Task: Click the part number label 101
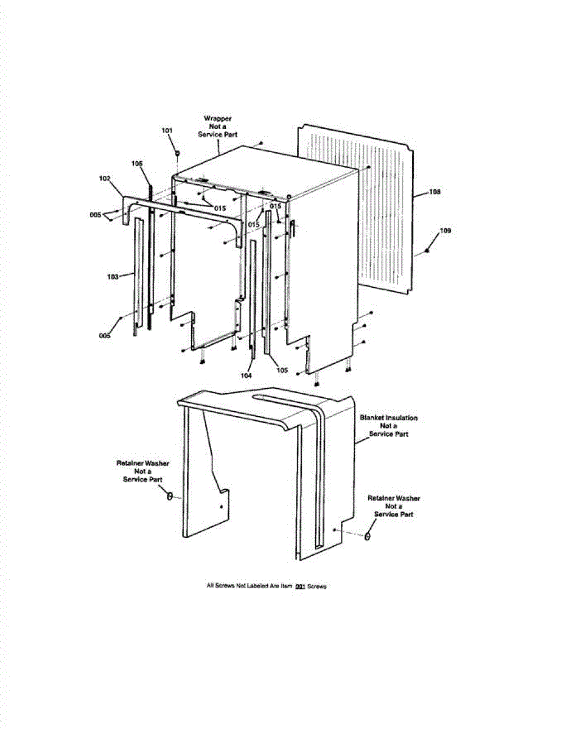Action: coord(167,131)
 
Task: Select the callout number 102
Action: coord(105,178)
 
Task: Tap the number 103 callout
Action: coord(113,277)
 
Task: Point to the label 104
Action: coord(246,376)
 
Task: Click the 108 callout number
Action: coord(435,192)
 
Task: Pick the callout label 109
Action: coord(446,231)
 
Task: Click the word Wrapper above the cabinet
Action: coord(217,118)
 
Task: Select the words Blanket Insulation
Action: coord(389,418)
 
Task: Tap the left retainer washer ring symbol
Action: coord(170,497)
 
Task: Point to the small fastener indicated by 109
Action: coord(428,251)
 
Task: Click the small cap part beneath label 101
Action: coord(177,153)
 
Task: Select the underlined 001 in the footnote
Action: coord(299,586)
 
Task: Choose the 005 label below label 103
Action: coord(105,336)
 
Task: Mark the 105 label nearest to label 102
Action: coord(137,164)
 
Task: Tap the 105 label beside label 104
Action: coord(282,370)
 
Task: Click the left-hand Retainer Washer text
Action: coord(143,464)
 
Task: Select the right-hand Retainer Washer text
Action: coord(394,498)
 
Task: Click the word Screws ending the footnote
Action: coord(317,586)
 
